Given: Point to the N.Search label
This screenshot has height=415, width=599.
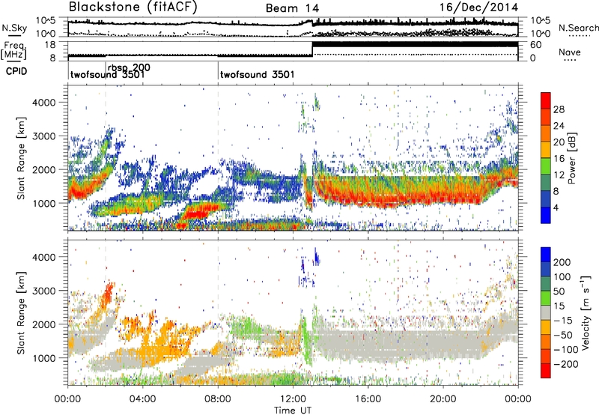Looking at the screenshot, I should click(579, 28).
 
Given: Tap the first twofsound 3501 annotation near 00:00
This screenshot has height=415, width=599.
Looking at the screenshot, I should click(107, 76).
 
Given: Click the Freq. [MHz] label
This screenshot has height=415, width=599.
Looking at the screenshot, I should click(12, 49).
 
